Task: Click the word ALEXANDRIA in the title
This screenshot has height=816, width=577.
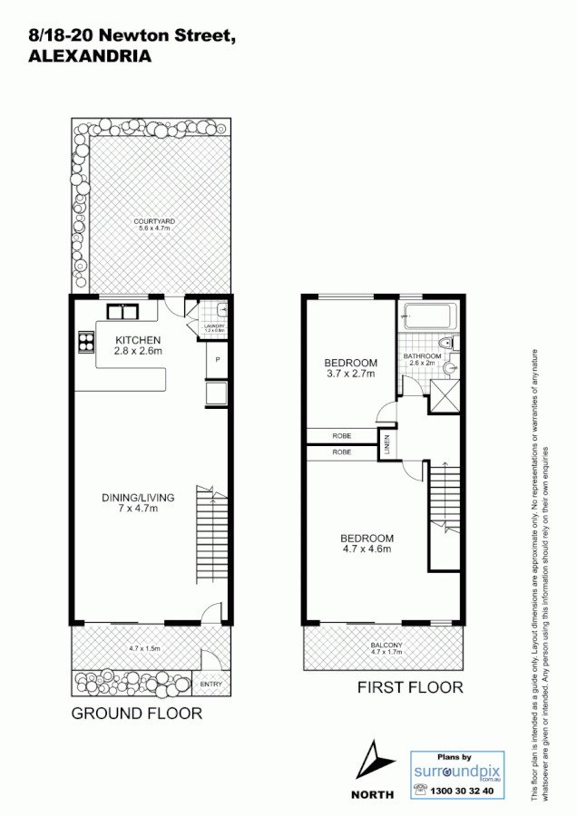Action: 90,55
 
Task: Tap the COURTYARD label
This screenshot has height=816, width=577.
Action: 153,221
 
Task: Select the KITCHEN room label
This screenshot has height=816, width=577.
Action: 138,340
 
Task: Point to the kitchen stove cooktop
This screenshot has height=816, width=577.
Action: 86,343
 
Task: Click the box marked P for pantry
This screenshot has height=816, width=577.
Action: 218,360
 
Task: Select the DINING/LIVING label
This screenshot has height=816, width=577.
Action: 138,498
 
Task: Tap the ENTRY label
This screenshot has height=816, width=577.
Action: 210,684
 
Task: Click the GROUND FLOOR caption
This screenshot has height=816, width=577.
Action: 137,714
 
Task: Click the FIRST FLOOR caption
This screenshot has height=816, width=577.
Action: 410,687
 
